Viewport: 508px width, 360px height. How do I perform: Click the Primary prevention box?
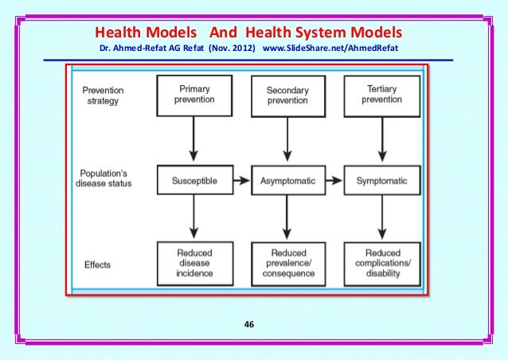[x=194, y=94]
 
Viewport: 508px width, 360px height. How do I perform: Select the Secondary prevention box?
[x=287, y=95]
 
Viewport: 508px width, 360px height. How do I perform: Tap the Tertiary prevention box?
[x=381, y=94]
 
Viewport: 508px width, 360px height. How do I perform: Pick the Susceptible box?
[x=194, y=181]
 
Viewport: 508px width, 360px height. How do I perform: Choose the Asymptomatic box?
[x=287, y=181]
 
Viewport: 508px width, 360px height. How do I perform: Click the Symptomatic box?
[x=381, y=181]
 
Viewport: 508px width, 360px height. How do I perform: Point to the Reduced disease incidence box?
[x=194, y=263]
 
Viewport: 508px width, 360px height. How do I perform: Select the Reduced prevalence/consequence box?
[x=287, y=264]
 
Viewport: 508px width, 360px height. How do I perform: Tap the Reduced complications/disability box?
[x=381, y=264]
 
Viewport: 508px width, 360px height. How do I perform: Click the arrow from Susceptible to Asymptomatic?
[x=241, y=181]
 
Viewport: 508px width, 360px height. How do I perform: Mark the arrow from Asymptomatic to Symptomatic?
[x=334, y=181]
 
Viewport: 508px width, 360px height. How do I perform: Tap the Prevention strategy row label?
[x=104, y=96]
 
